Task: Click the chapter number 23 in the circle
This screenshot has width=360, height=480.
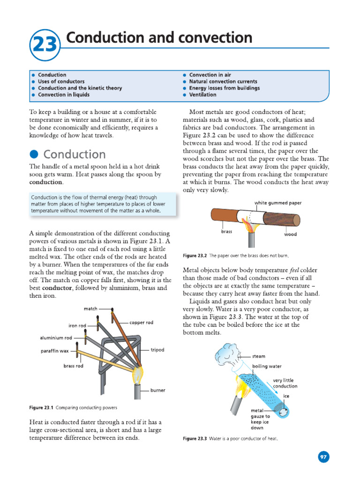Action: pos(45,45)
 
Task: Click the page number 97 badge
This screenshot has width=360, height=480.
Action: pos(323,457)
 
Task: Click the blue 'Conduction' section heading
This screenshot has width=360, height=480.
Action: pos(74,154)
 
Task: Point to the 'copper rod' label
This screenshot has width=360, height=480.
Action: pos(141,323)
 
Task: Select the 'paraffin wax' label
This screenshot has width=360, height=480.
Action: pos(54,351)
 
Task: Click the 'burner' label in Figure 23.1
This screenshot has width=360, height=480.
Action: pos(157,390)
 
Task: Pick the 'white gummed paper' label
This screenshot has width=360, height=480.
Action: pos(278,203)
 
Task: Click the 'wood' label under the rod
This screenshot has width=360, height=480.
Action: pos(291,234)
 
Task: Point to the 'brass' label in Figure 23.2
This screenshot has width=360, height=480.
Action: pos(227,232)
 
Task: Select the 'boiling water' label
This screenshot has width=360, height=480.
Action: pos(267,366)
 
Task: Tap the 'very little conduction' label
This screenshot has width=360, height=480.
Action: pos(285,383)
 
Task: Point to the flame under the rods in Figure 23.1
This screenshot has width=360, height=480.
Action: pos(138,374)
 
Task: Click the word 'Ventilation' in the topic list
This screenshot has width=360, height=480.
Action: pos(202,95)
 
